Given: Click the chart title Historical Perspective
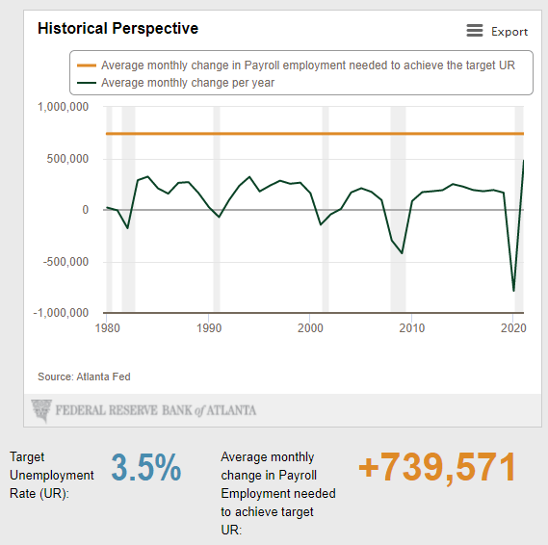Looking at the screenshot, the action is (117, 29).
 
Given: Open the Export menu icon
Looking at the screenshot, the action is (474, 31).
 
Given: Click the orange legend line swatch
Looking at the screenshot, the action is (87, 65).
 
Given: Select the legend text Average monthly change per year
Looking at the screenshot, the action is (188, 83).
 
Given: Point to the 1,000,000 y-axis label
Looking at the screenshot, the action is (63, 107).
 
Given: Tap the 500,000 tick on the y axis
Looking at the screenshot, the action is (67, 159).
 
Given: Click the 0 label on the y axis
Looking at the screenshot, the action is (86, 210).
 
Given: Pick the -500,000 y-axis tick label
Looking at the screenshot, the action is (65, 262).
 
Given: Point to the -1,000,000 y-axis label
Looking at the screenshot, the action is (61, 313).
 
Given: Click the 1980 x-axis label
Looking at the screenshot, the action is (107, 328).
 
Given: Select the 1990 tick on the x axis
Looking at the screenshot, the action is (209, 328).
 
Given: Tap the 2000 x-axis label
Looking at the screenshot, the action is (310, 328).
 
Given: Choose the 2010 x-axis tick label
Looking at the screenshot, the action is (411, 328).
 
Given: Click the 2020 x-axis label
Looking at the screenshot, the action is (513, 328).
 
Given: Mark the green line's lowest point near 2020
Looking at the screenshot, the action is (513, 291).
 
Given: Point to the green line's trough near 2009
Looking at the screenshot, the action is (402, 253).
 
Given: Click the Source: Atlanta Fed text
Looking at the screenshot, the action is (84, 376).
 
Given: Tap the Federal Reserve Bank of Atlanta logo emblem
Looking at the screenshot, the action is (41, 410).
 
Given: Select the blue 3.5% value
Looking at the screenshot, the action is (146, 467).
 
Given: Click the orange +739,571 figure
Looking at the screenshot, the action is (437, 467).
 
